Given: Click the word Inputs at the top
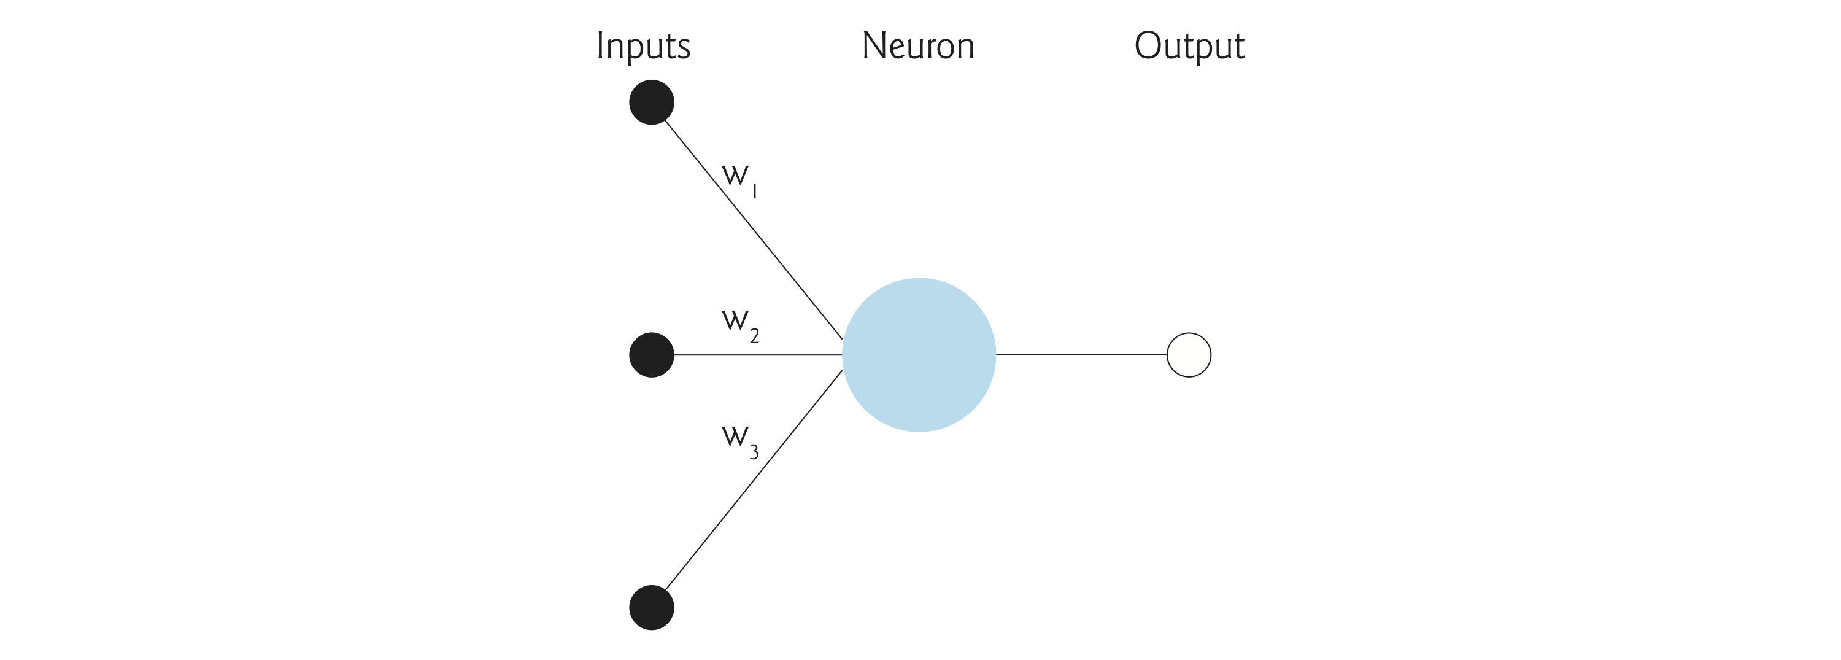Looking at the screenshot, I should click(x=643, y=47).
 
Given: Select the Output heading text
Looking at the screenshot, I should click(x=1189, y=47).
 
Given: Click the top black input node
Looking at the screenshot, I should click(x=651, y=103).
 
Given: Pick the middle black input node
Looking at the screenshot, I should click(x=651, y=355).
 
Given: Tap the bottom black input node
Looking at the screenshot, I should click(x=651, y=607).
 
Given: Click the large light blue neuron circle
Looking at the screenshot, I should click(x=919, y=355).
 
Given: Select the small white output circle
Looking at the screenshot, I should click(x=1189, y=355).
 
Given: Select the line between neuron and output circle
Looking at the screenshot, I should click(x=1081, y=354).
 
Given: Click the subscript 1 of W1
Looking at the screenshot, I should click(x=755, y=191).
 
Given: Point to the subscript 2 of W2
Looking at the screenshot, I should click(x=754, y=336).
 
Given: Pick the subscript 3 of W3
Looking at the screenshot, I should click(x=754, y=452).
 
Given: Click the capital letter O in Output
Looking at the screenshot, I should click(x=1148, y=46).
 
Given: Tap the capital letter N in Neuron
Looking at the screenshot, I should click(x=874, y=46).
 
